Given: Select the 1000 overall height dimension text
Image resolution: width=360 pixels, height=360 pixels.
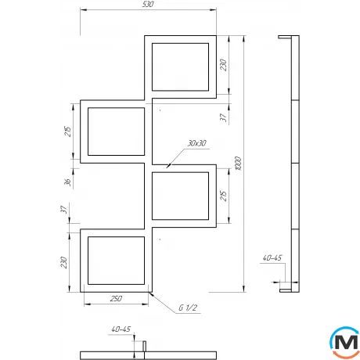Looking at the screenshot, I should pyautogui.click(x=238, y=165).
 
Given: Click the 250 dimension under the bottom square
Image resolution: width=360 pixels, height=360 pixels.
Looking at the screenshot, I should pyautogui.click(x=115, y=300).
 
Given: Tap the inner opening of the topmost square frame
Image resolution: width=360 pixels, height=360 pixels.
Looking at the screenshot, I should pyautogui.click(x=181, y=68).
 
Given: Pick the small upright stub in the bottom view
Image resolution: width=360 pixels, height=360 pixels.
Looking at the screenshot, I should pyautogui.click(x=143, y=344).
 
